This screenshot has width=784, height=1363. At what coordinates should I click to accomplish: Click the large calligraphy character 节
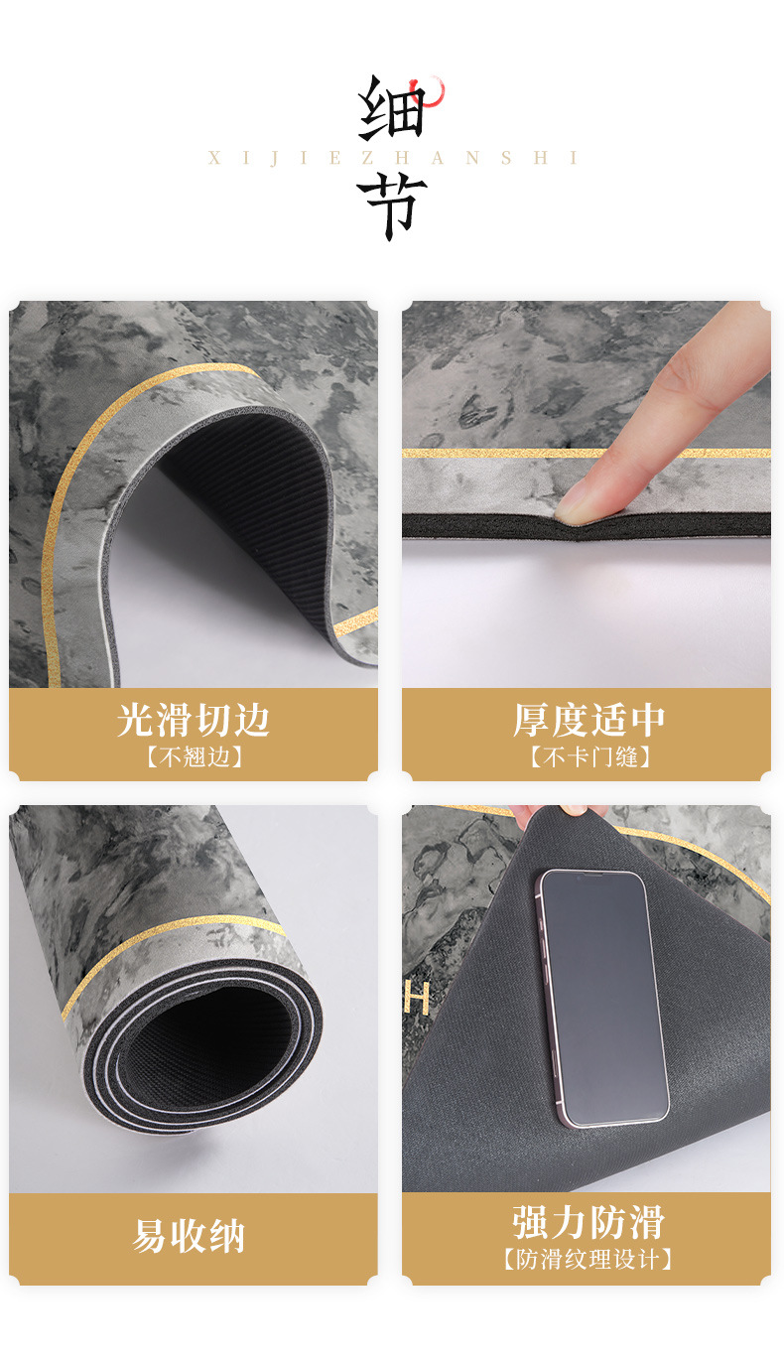(391, 206)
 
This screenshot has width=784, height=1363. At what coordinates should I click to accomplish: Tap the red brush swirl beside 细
(434, 92)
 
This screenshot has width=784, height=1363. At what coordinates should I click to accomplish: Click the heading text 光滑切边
(194, 720)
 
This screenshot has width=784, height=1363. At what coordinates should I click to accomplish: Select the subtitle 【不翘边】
(194, 757)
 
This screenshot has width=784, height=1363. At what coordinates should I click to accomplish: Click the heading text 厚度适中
(588, 720)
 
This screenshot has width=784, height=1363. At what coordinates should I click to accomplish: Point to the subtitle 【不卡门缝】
(588, 757)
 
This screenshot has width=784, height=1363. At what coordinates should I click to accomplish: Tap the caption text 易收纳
(189, 1237)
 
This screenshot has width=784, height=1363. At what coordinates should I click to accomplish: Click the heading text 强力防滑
(588, 1222)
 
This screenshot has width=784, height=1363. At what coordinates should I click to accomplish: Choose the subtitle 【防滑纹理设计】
(588, 1260)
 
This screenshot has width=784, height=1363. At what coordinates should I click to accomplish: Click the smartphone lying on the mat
(602, 997)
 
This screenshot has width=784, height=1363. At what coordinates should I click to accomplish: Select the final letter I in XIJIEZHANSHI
(573, 158)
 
